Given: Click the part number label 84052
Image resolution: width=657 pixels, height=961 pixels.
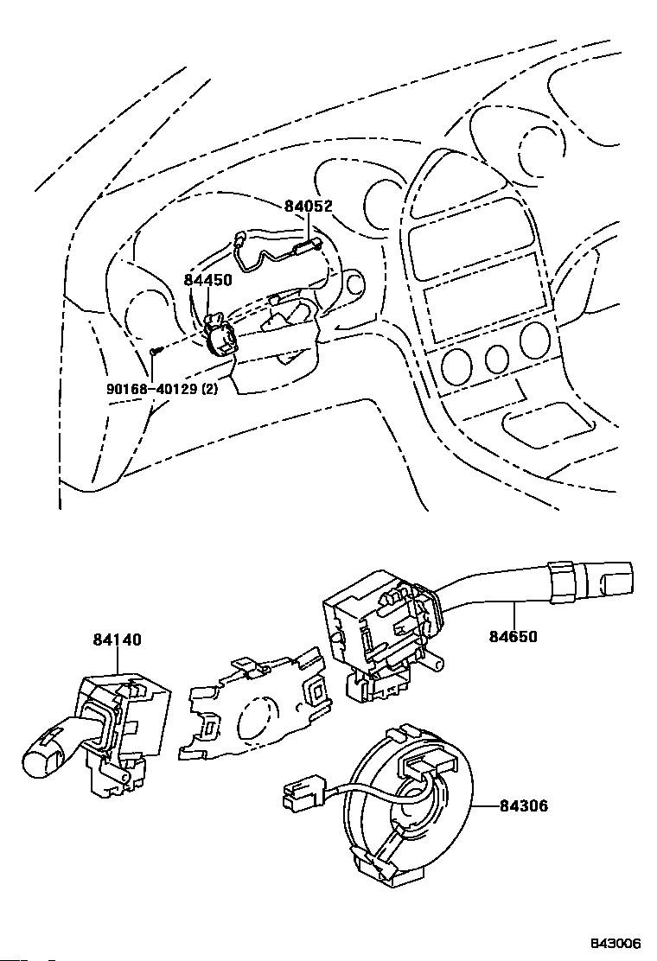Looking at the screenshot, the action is (x=309, y=207).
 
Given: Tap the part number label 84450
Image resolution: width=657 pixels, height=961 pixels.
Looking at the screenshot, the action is (x=208, y=280).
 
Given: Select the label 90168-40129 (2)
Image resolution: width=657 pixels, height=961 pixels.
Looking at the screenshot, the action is (x=161, y=389).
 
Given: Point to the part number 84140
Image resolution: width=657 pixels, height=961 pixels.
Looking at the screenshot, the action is (x=117, y=640).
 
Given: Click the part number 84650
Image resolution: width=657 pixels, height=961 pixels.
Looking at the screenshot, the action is (x=513, y=637).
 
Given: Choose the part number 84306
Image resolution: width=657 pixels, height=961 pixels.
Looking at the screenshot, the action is (x=523, y=805).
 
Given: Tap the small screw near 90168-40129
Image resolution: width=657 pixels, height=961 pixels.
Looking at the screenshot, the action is (x=156, y=351).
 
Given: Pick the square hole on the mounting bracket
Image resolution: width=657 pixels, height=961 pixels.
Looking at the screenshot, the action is (x=317, y=691).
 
